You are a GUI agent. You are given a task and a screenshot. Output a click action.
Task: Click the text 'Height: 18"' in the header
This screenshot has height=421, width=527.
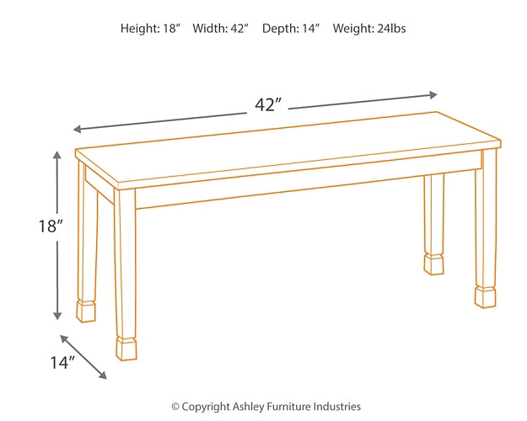point(151,29)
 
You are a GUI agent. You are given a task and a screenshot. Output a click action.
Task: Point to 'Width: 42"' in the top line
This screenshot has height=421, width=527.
point(221,29)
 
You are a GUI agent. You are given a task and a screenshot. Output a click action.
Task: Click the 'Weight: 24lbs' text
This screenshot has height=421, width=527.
point(369,29)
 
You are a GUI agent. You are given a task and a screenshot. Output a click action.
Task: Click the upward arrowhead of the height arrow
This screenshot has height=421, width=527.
point(57,155)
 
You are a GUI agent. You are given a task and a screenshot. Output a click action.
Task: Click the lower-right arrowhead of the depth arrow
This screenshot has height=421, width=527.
point(104,376)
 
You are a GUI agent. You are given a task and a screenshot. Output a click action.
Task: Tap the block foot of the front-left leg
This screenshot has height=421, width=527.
point(126,349)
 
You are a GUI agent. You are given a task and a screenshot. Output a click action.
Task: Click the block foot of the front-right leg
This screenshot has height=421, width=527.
point(485,297)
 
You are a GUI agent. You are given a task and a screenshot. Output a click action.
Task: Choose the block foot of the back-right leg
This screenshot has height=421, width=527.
point(433,264)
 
